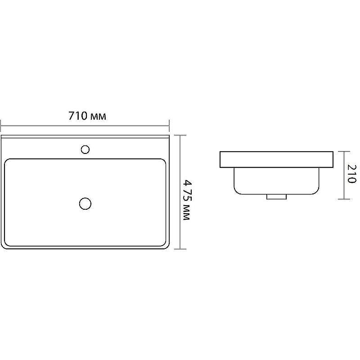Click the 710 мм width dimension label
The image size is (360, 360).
(x=87, y=116)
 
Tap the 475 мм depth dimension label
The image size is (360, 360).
(x=187, y=200)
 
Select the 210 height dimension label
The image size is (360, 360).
(x=351, y=174)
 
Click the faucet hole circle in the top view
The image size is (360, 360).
(x=85, y=149)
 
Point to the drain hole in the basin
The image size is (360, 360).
(x=85, y=204)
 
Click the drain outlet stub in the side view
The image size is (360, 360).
(x=276, y=197)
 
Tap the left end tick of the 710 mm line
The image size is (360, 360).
(x=1, y=126)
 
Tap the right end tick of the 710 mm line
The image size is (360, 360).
(x=169, y=126)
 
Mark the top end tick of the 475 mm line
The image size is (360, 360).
(x=180, y=135)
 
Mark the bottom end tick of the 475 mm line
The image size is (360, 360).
(x=180, y=249)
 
